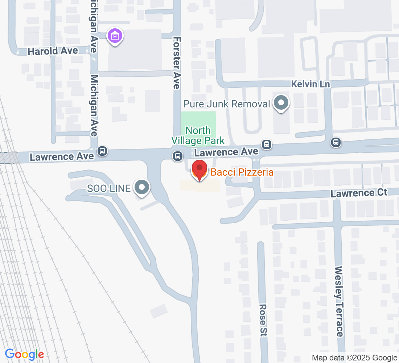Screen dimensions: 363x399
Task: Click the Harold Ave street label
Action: point(53,51)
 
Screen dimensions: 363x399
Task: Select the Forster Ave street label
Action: point(177,62)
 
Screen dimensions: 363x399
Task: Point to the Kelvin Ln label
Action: point(310,84)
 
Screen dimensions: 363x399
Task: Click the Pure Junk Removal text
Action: point(227,104)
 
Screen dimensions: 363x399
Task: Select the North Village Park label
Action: point(198,135)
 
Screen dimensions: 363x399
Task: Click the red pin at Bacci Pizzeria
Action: point(199,170)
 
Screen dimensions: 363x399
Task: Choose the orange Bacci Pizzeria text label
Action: point(242,172)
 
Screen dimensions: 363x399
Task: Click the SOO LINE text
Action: point(108,188)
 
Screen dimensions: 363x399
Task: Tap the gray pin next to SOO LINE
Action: point(142,188)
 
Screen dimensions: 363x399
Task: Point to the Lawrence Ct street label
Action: point(359,193)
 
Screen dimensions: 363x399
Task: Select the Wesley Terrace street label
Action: point(339,301)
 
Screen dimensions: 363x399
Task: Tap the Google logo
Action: point(24,354)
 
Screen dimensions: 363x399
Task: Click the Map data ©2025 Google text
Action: point(354,358)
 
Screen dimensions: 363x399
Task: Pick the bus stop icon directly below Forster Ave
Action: point(177,156)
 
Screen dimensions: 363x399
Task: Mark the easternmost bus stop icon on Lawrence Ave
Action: point(336,142)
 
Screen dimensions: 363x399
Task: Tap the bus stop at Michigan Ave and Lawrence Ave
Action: point(103,151)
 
